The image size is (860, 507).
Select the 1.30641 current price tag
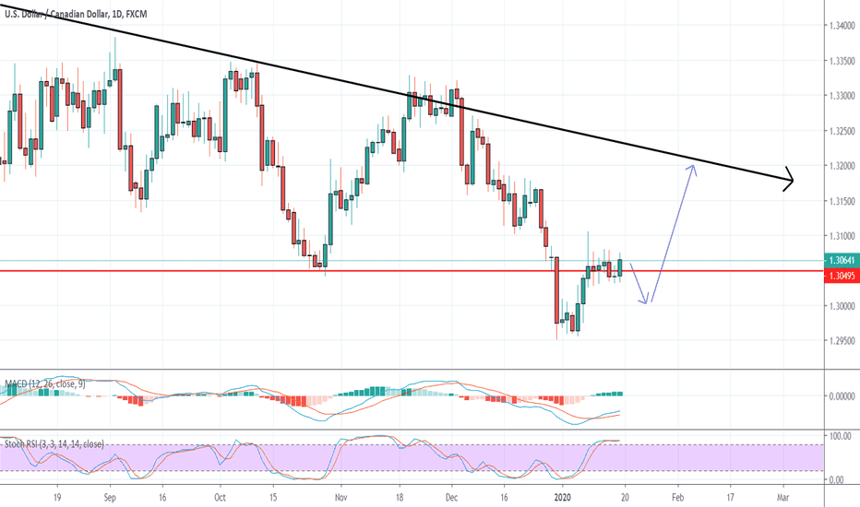tap(839, 261)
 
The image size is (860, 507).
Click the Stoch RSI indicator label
tap(54, 444)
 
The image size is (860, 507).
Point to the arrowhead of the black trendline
tap(791, 180)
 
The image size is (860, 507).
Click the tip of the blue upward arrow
tap(693, 165)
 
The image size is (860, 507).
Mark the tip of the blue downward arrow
tap(649, 302)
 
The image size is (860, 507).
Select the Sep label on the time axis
tap(112, 494)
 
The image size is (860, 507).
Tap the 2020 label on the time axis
tap(564, 494)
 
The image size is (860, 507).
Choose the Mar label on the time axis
tap(783, 494)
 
